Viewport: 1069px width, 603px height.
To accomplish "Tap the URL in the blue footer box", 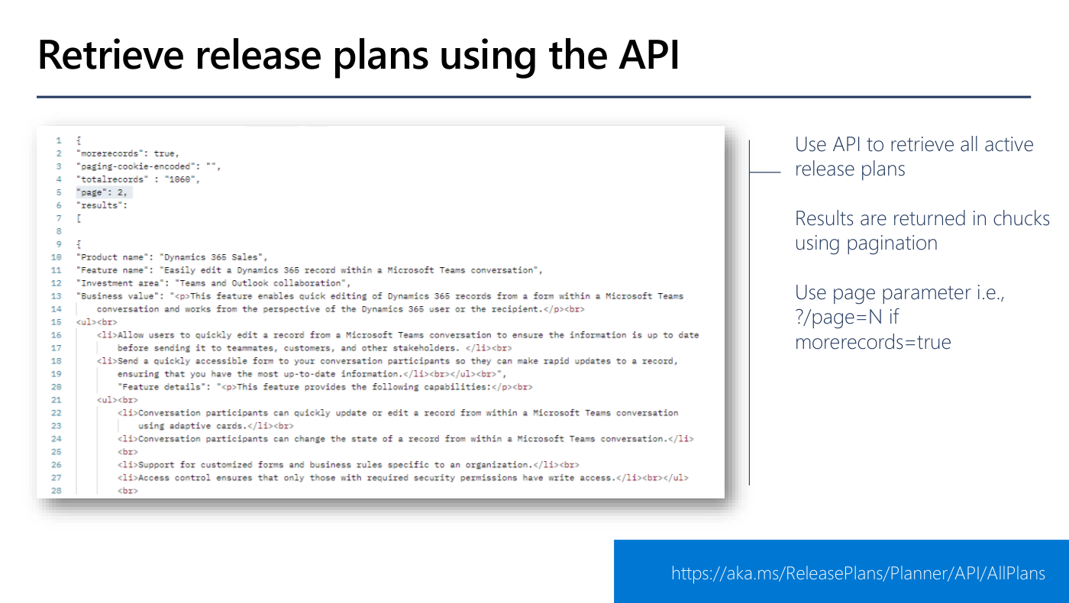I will pos(858,573).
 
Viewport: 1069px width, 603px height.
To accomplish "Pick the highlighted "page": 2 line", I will pos(102,192).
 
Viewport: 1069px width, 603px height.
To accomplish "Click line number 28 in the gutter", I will pos(57,491).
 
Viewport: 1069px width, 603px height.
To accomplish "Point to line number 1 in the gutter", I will pos(59,140).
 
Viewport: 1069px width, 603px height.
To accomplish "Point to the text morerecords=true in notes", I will pos(873,342).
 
